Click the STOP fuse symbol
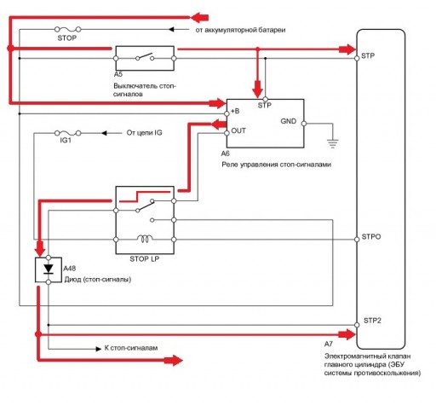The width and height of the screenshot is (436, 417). click(x=67, y=29)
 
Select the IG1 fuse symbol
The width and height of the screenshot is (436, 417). click(x=67, y=133)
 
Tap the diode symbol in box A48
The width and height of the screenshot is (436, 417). click(x=49, y=269)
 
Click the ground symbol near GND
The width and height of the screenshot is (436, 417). click(x=332, y=143)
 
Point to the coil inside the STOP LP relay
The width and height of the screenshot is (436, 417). click(x=145, y=239)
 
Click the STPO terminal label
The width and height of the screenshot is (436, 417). click(x=371, y=237)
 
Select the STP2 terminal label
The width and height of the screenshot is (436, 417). click(x=372, y=321)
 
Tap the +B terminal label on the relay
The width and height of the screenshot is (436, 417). click(x=235, y=111)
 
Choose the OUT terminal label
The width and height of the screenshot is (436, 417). click(x=238, y=130)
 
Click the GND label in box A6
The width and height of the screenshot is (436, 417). click(x=288, y=121)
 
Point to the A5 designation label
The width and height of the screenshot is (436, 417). click(x=118, y=74)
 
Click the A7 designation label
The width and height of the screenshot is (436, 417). click(x=328, y=344)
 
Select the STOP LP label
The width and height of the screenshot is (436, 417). click(x=144, y=259)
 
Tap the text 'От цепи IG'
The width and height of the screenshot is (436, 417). click(x=144, y=133)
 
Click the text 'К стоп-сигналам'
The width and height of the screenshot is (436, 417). click(x=131, y=348)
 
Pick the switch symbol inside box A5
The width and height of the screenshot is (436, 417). click(x=145, y=56)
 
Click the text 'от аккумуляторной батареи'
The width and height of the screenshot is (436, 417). click(x=240, y=30)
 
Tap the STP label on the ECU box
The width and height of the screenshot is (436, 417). click(x=368, y=55)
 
